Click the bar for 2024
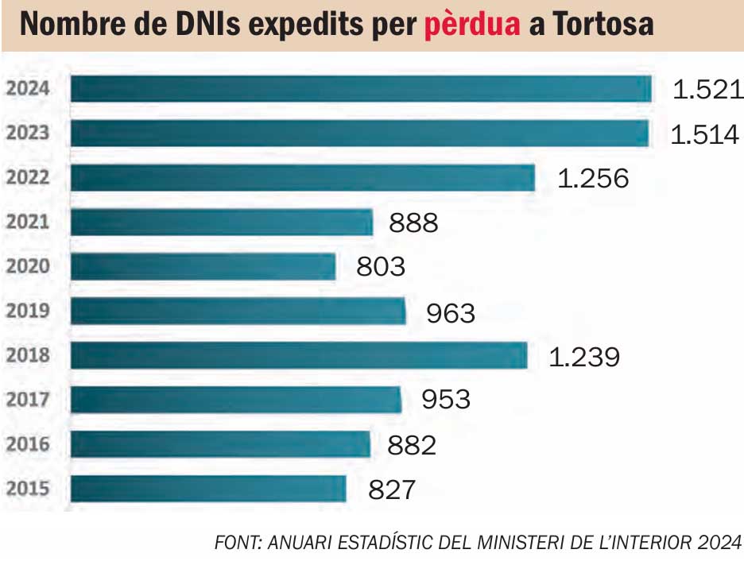point(361,89)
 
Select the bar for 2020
point(203,266)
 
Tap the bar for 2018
point(299,355)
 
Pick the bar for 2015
point(208,489)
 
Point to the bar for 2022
point(303,178)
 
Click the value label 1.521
point(707,90)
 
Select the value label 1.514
point(704,134)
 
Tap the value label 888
point(413,223)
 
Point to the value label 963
point(451,313)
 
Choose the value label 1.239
point(584,358)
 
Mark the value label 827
point(392,490)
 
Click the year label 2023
point(28,134)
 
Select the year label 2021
point(28,222)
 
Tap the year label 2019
point(28,311)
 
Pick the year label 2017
point(28,400)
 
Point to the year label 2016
point(28,444)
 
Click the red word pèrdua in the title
point(472,26)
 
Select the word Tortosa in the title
point(602,26)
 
